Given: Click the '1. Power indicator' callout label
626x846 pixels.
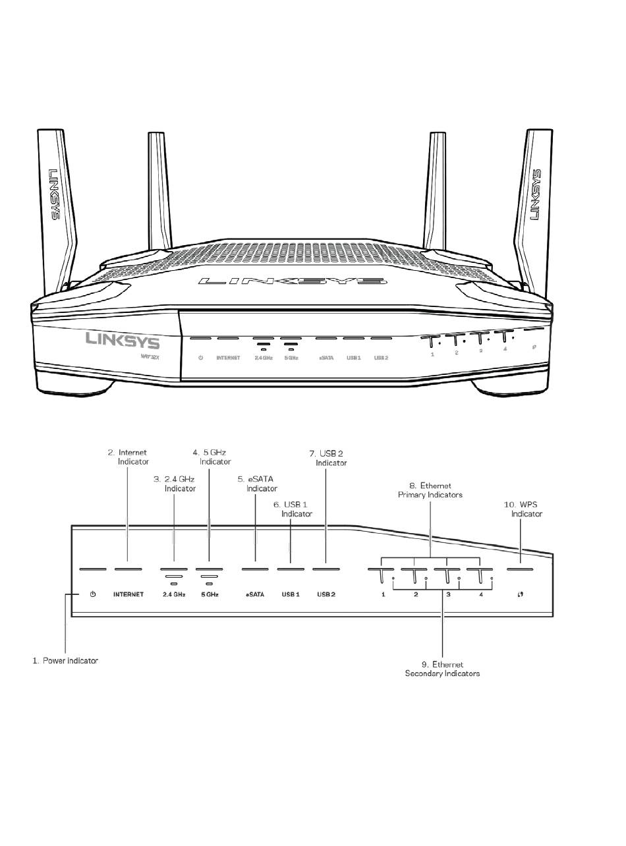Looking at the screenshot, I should (x=65, y=660).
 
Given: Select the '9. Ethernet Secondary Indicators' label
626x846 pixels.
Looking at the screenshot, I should (x=442, y=669).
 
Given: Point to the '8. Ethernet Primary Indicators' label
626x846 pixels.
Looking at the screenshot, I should (x=430, y=490).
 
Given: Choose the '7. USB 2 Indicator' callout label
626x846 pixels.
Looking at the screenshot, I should (x=327, y=458).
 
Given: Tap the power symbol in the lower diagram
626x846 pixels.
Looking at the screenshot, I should (x=93, y=594).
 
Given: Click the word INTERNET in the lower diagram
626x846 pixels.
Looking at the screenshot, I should (x=128, y=594).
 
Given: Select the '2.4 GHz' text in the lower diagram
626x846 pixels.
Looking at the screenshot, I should (x=174, y=594).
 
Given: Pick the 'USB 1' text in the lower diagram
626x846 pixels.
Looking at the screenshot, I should (x=291, y=594).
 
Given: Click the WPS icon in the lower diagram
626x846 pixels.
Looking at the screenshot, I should (x=520, y=594).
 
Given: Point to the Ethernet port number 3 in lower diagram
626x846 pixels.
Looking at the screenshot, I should (x=449, y=594).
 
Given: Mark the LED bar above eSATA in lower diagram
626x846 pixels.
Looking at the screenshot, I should (x=255, y=569).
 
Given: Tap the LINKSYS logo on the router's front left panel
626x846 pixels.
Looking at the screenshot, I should (x=122, y=341).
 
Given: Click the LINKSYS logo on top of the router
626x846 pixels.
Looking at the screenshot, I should (x=293, y=281).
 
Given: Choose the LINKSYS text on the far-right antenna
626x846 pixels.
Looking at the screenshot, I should (x=536, y=195).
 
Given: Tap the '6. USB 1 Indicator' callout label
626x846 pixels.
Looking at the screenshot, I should (x=293, y=509).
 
